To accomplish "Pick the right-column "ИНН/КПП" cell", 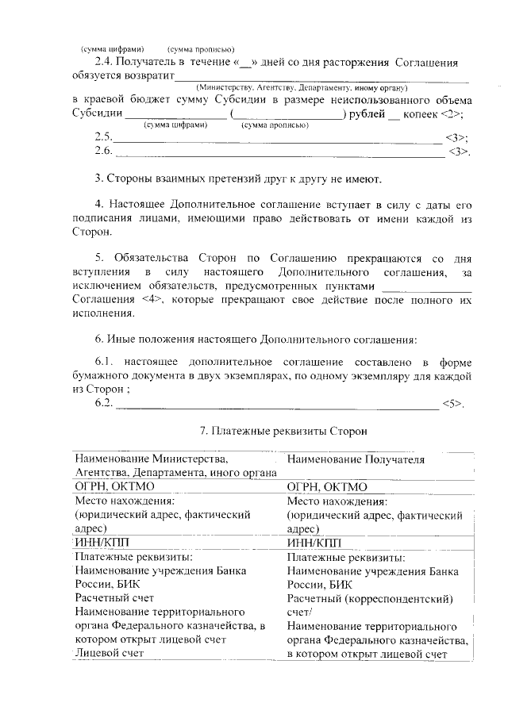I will point(314,542).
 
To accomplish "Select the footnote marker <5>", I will point(452,403).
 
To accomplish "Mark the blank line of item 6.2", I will point(278,405).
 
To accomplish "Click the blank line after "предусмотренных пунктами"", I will point(427,286).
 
